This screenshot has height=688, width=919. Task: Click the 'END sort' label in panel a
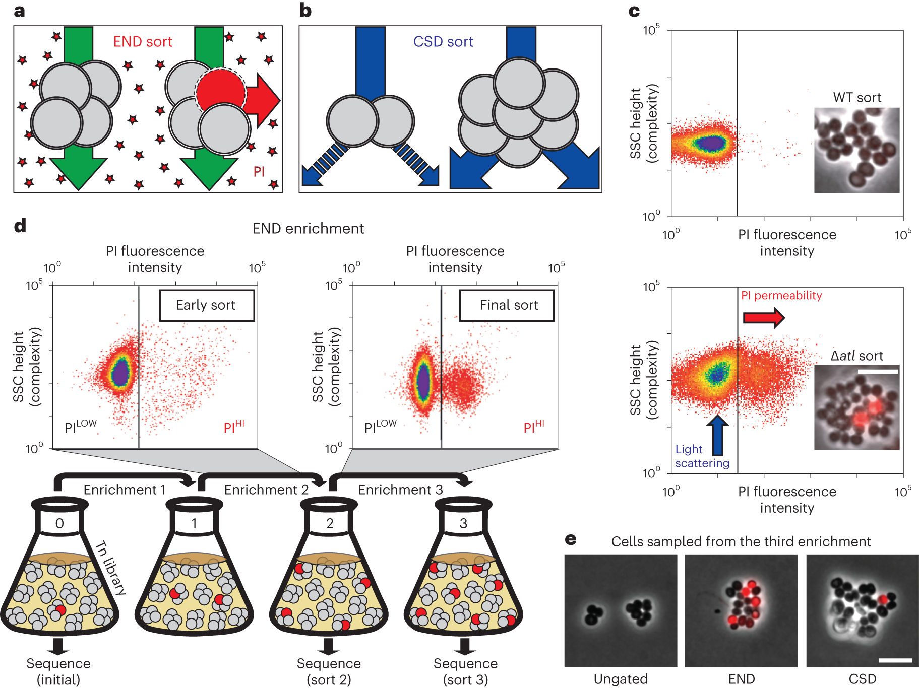(x=143, y=42)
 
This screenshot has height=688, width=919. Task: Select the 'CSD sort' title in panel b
(x=443, y=42)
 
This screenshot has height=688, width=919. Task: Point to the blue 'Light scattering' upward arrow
(x=717, y=435)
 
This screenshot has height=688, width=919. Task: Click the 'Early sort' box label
(x=206, y=305)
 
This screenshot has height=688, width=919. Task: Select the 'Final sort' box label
(x=509, y=305)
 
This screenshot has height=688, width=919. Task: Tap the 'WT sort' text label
(x=857, y=98)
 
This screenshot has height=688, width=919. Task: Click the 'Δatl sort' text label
(x=856, y=356)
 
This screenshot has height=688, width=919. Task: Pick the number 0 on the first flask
(x=59, y=524)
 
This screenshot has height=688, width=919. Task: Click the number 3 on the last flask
(x=463, y=524)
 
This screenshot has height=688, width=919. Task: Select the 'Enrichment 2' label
(x=266, y=490)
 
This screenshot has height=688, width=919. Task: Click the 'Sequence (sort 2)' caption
(x=329, y=671)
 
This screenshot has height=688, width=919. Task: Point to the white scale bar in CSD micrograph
(x=895, y=660)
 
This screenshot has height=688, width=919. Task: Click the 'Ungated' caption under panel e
(x=621, y=679)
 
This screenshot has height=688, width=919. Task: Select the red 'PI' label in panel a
(x=259, y=172)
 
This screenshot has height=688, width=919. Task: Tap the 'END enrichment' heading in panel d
(x=308, y=229)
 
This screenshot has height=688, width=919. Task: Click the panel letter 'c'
(x=634, y=11)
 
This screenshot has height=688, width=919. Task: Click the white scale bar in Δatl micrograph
(x=878, y=372)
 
